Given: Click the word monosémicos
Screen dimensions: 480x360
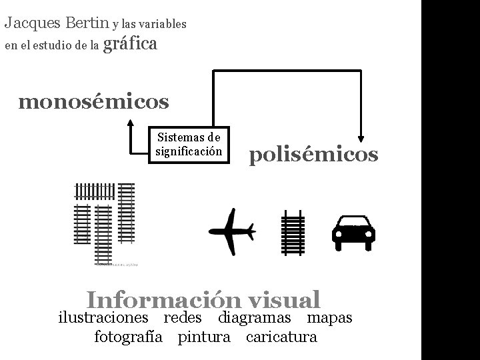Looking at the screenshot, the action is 94,102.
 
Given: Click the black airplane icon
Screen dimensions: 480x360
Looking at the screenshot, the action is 232,231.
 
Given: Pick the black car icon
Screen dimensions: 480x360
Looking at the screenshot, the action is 354,232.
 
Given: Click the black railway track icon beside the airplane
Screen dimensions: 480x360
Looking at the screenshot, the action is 293,232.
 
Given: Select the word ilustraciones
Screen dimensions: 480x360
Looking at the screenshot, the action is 107,318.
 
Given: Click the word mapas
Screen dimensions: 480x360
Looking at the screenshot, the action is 329,318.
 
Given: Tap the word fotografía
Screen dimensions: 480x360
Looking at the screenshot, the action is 129,337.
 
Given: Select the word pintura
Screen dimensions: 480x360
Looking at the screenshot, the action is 204,337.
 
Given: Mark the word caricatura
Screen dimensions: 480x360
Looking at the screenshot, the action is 281,337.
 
